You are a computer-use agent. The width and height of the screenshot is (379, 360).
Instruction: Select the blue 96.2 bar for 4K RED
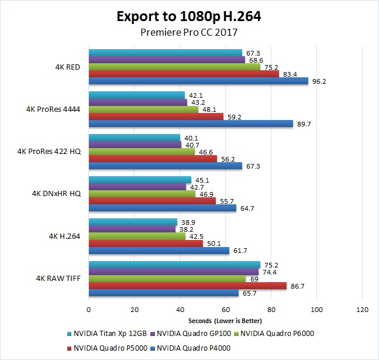coord(198,81)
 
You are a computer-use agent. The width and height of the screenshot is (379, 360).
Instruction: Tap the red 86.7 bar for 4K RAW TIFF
coord(187,286)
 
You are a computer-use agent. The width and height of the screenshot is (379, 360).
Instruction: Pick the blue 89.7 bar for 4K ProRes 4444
coord(191,123)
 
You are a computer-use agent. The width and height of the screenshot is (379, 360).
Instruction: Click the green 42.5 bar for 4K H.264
coord(137,236)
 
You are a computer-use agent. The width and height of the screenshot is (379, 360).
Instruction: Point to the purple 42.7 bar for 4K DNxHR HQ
coord(137,187)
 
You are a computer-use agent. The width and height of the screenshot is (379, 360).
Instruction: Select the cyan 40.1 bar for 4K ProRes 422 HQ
coord(135,138)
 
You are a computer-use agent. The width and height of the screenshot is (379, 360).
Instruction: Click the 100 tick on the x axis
coord(316,310)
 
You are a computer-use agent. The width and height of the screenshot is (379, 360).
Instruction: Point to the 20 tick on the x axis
coord(135,310)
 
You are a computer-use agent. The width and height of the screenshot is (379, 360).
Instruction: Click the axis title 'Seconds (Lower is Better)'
coord(225,321)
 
